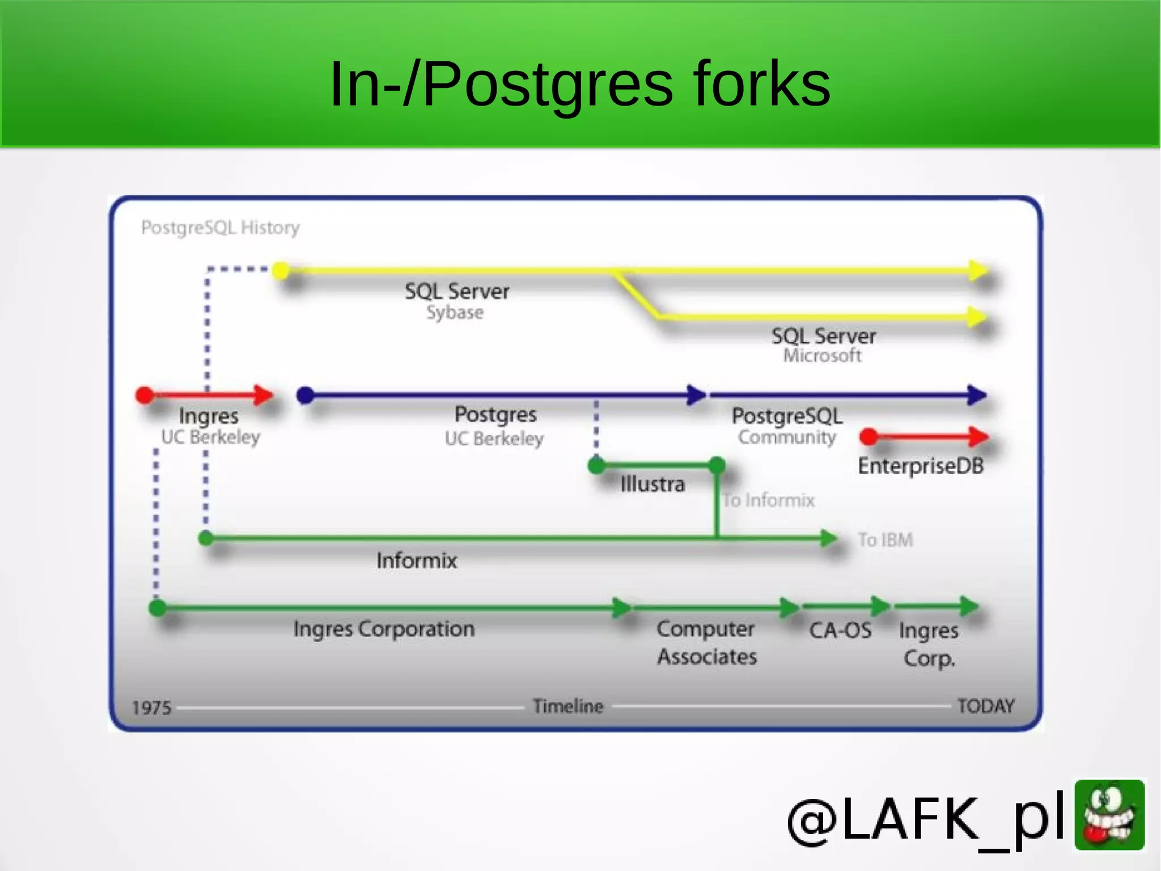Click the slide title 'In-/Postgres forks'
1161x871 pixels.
tap(579, 84)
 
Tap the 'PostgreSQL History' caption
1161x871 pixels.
tap(220, 228)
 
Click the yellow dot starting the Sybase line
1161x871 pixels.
tap(281, 270)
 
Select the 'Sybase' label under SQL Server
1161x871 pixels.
tap(455, 313)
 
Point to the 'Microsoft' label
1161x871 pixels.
tap(822, 356)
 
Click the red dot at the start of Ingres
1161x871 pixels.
tap(145, 395)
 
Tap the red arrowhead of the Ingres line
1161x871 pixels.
tap(264, 394)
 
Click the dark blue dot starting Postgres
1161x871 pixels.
tap(306, 395)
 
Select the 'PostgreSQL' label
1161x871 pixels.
tap(787, 416)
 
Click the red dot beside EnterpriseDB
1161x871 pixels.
tap(868, 437)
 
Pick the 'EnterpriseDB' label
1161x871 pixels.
tap(920, 466)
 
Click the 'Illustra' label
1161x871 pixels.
tap(652, 485)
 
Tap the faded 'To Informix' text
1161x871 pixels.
tap(768, 500)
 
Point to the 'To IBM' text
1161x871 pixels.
tap(885, 540)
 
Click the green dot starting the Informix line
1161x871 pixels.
tap(206, 538)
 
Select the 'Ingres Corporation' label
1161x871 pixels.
tap(384, 629)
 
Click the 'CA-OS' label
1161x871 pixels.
tap(840, 630)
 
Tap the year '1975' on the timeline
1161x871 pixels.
tap(151, 708)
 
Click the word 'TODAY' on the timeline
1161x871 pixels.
tap(985, 706)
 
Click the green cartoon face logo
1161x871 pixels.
tap(1109, 815)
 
